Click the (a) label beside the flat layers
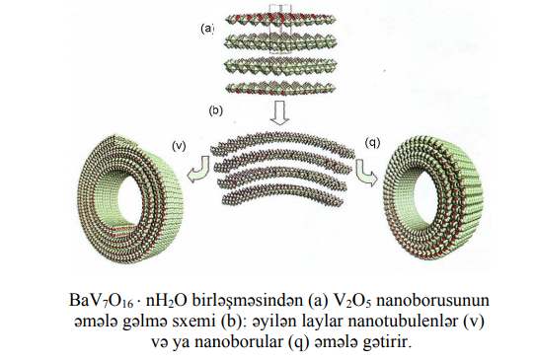[207, 29]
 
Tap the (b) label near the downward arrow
[216, 110]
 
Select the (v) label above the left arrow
[179, 146]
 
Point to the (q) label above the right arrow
[372, 143]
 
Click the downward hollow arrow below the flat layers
[280, 111]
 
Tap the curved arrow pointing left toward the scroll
[200, 170]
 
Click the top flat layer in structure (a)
[280, 19]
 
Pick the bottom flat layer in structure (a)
[280, 87]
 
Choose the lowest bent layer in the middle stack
[282, 195]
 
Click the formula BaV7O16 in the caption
[101, 301]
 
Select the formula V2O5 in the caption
[352, 301]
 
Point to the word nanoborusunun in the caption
[432, 301]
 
